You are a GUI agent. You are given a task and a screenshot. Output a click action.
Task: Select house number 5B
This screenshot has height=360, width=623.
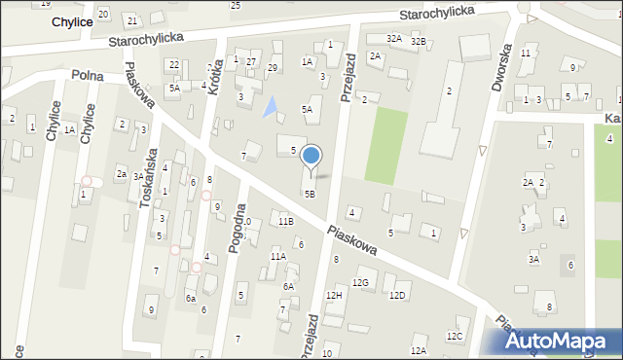pyautogui.click(x=310, y=194)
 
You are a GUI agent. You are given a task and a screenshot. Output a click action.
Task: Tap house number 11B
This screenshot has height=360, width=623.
pyautogui.click(x=285, y=222)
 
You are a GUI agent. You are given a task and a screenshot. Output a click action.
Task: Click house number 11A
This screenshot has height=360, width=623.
pyautogui.click(x=277, y=257)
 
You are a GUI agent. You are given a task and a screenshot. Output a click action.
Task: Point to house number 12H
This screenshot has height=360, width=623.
pyautogui.click(x=334, y=295)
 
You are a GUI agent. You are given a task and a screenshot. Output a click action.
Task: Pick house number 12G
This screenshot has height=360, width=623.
pyautogui.click(x=361, y=282)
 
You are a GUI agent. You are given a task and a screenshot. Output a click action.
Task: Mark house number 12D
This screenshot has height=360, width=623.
pyautogui.click(x=396, y=295)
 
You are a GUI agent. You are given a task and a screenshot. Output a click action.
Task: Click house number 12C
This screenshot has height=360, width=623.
pyautogui.click(x=454, y=336)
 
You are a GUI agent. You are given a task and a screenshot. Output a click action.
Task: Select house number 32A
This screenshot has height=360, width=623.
pyautogui.click(x=393, y=38)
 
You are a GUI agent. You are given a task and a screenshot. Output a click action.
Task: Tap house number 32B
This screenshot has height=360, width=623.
pyautogui.click(x=418, y=41)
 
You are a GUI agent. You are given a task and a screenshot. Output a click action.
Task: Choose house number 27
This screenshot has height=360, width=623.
pyautogui.click(x=251, y=62)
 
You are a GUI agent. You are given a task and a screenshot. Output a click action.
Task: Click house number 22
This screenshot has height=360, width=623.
pyautogui.click(x=173, y=64)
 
